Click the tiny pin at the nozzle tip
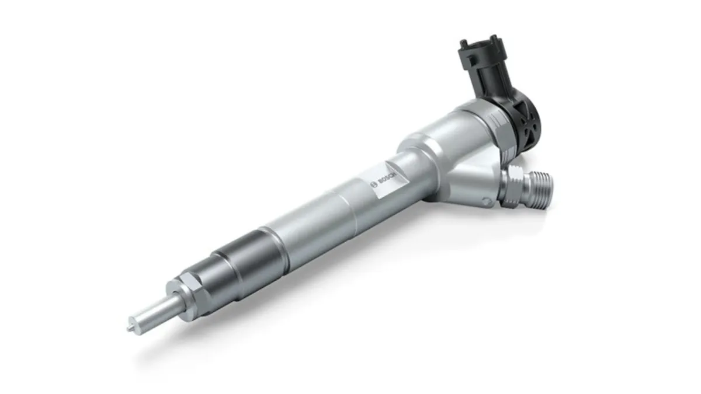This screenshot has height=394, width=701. coord(129,328)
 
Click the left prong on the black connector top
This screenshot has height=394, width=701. coord(464,43)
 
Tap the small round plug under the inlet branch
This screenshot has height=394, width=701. coord(484,201)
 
